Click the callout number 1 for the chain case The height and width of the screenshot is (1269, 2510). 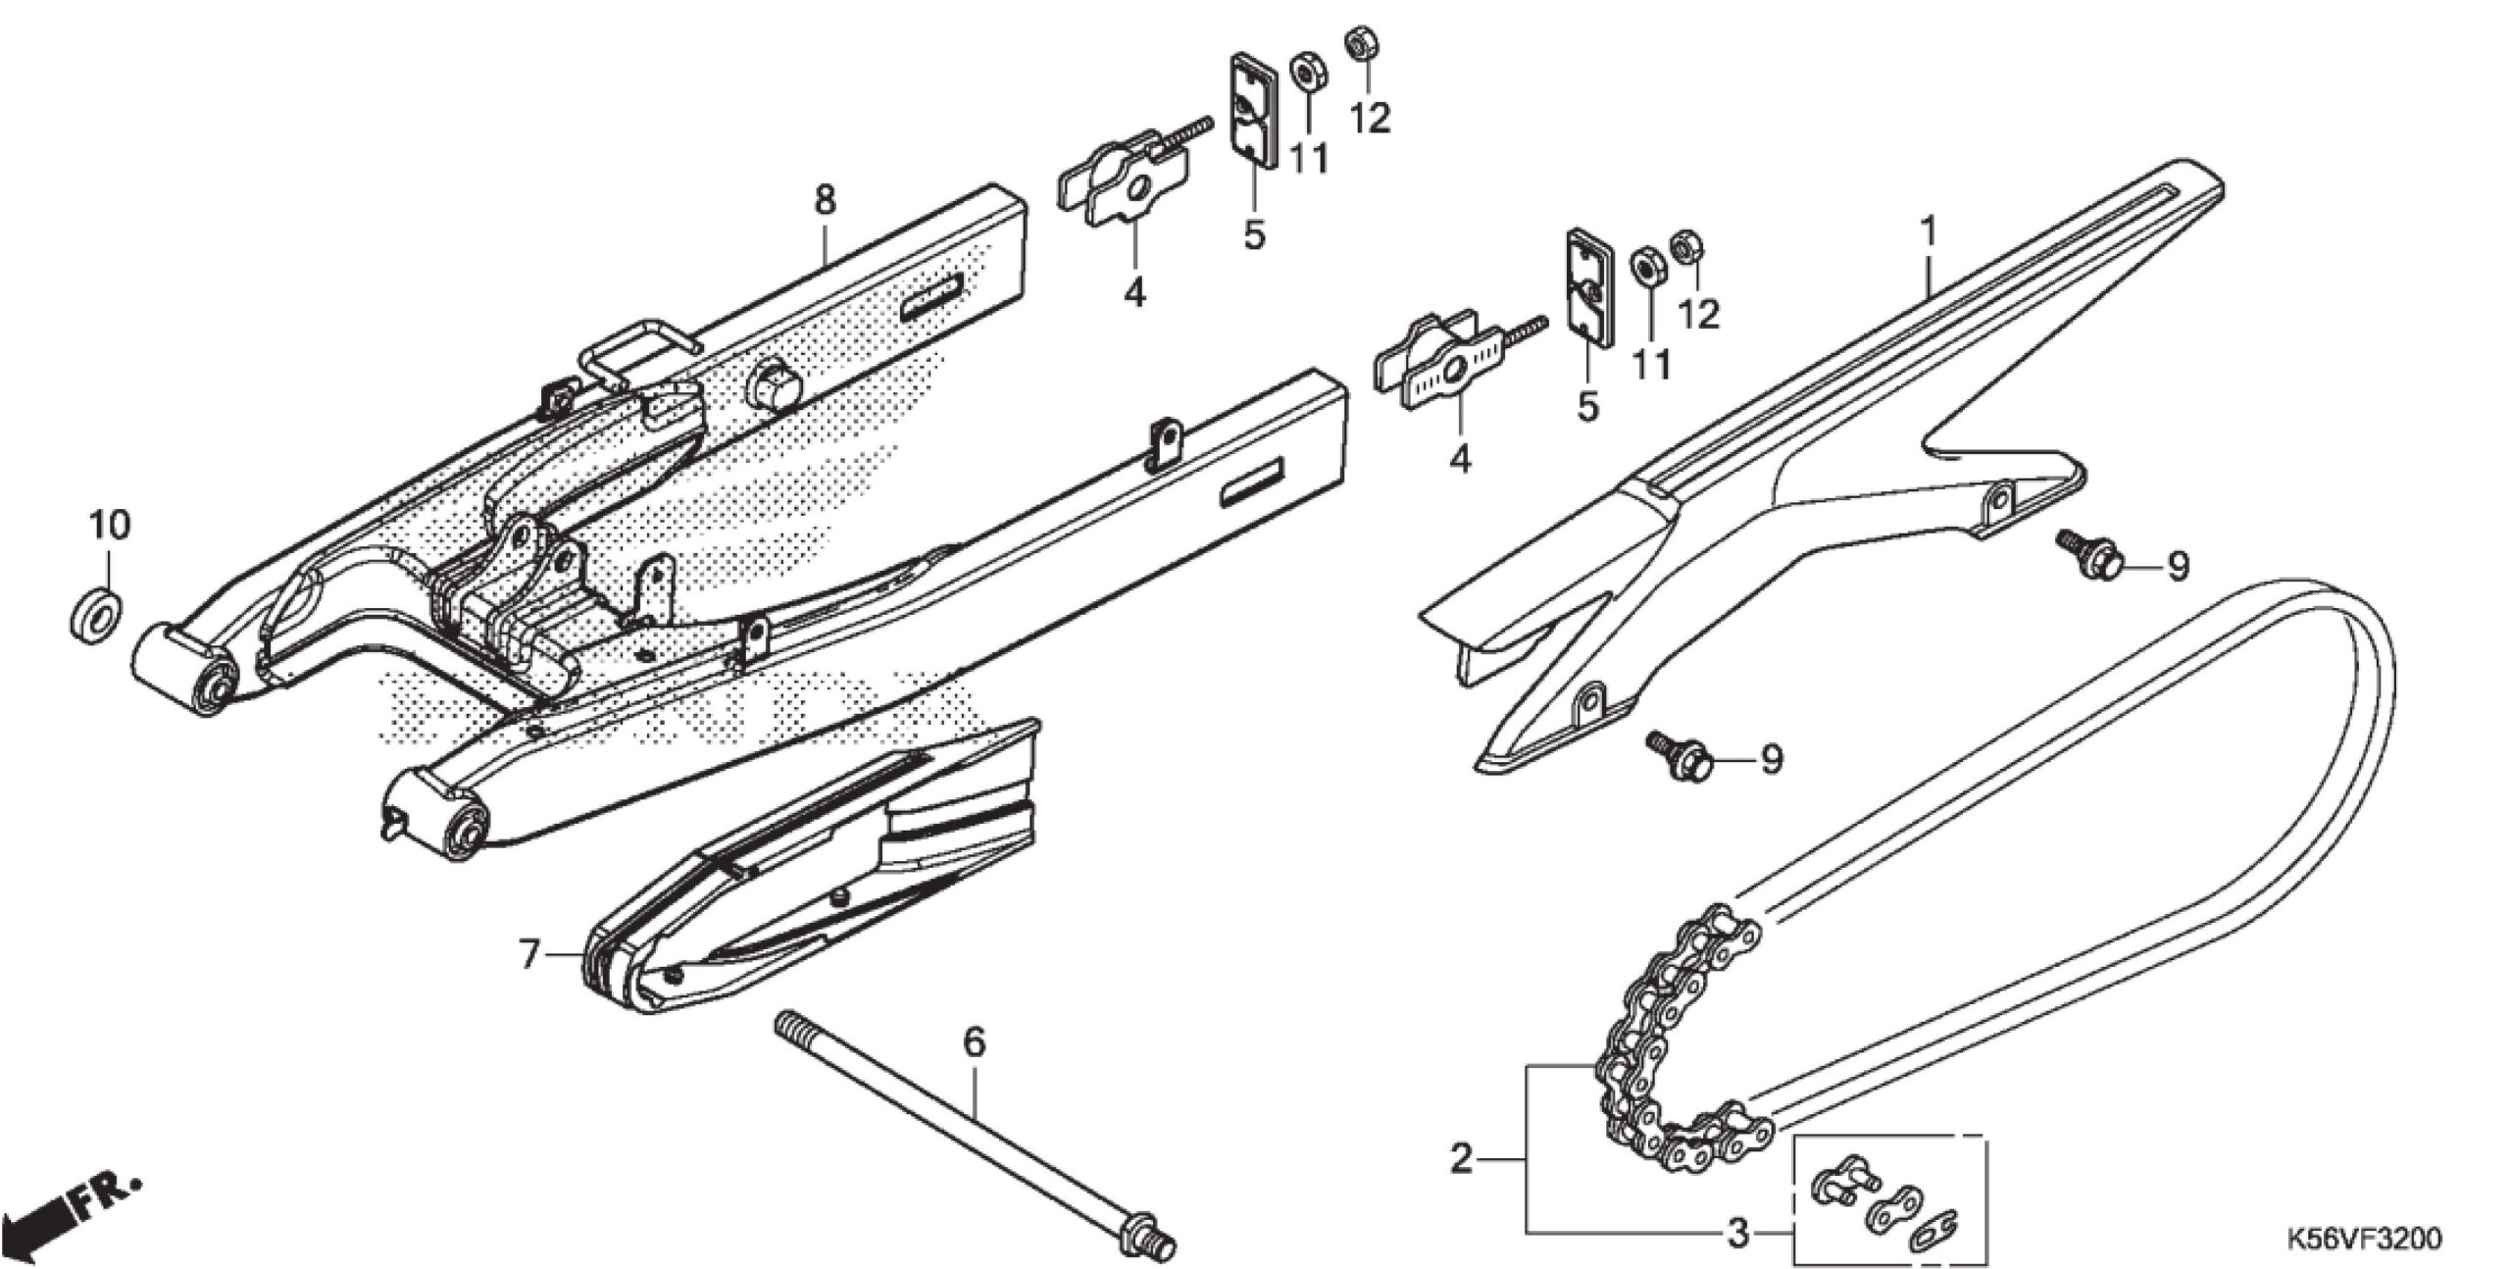[1928, 231]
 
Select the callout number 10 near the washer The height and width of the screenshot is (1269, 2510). [110, 525]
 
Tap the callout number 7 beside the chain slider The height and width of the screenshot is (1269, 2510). [529, 953]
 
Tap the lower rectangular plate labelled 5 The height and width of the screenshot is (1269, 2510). [1587, 287]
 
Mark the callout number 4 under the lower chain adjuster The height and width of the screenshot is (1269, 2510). [1460, 458]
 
